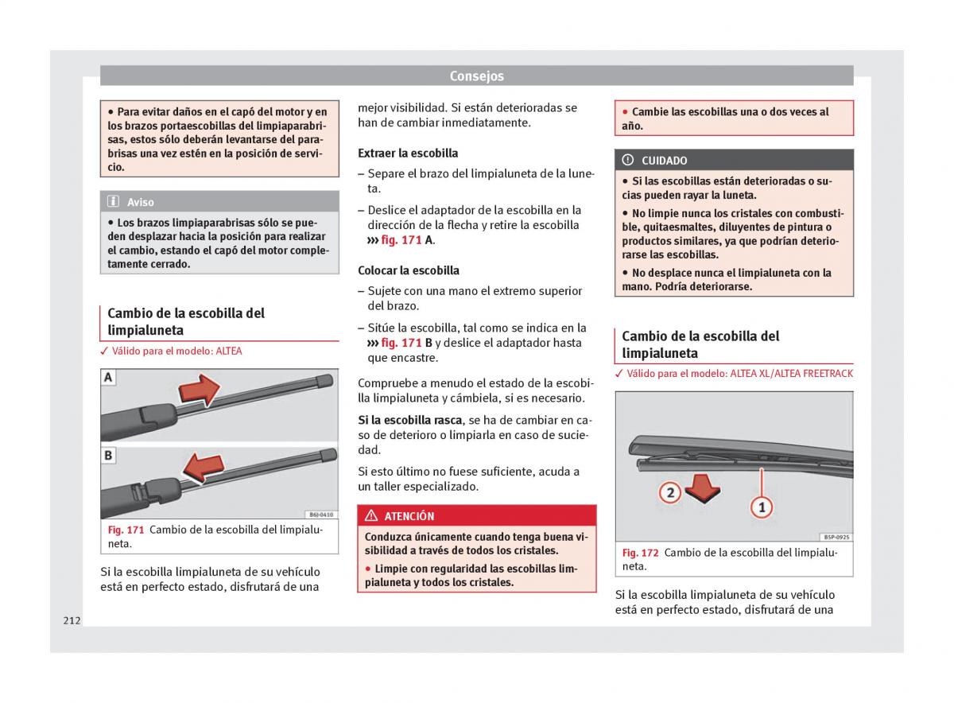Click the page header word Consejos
[476, 76]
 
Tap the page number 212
[72, 620]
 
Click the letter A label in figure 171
[108, 378]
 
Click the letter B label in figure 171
[108, 456]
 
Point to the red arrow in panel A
[198, 390]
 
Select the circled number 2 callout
[670, 492]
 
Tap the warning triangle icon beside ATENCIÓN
[371, 516]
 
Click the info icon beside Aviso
[114, 202]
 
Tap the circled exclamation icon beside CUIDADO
[628, 160]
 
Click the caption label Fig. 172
[641, 553]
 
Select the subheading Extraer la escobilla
[408, 153]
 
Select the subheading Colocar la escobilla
[409, 270]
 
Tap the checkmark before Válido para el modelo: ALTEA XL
[619, 374]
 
